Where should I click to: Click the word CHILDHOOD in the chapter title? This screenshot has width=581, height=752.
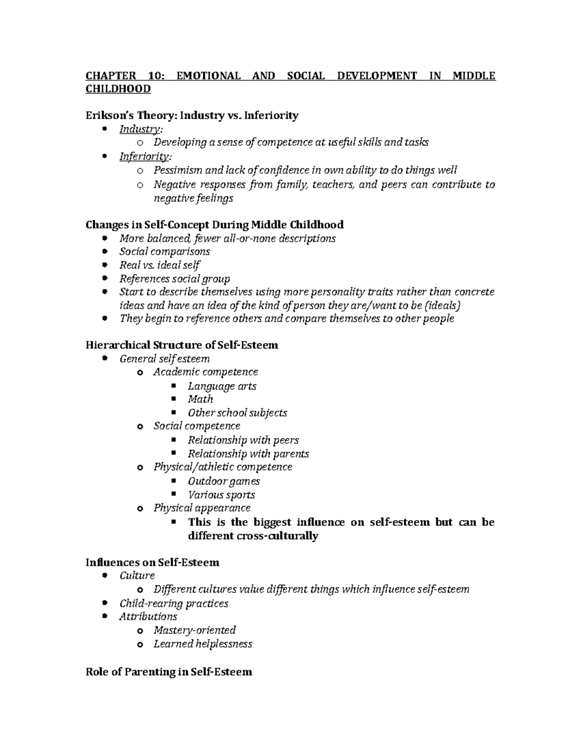(x=118, y=89)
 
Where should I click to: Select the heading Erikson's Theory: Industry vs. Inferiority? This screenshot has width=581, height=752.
(x=192, y=115)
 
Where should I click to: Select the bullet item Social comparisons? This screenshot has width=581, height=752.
(x=165, y=251)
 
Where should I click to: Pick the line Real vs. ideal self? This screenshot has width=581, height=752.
(x=160, y=265)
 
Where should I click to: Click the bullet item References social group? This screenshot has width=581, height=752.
(x=175, y=278)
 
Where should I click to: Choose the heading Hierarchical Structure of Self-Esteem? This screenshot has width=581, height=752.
(x=182, y=345)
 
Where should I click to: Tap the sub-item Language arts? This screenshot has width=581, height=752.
(x=222, y=386)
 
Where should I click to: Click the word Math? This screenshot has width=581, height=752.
(x=200, y=399)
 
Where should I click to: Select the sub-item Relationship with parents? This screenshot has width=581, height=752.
(x=248, y=454)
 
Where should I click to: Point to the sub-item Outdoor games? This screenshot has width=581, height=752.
(x=224, y=481)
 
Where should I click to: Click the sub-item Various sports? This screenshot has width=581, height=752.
(x=221, y=494)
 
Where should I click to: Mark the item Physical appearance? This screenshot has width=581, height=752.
(x=202, y=507)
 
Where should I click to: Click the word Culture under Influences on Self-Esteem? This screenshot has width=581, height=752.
(x=137, y=575)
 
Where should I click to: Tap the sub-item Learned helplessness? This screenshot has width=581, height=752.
(x=203, y=644)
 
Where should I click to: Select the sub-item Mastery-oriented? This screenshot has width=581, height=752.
(x=195, y=630)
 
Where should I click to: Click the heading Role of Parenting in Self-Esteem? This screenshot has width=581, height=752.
(x=168, y=672)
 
